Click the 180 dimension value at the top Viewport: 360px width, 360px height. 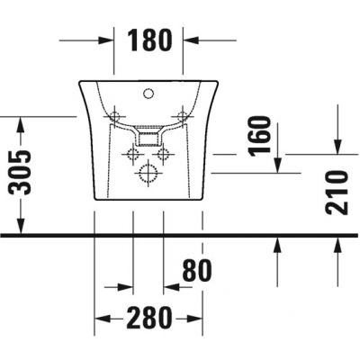pyautogui.click(x=148, y=40)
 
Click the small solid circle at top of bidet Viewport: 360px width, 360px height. pyautogui.click(x=148, y=92)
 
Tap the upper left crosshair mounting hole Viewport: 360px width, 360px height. pyautogui.click(x=114, y=115)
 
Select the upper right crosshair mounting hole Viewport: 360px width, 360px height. pyautogui.click(x=184, y=115)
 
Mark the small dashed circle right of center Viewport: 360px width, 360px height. pyautogui.click(x=164, y=155)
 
